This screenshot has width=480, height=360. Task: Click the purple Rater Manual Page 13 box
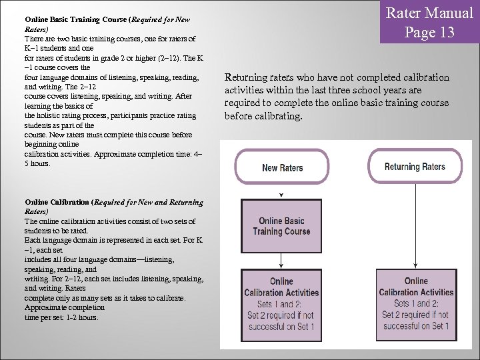[430, 22]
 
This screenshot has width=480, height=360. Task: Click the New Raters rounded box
[282, 168]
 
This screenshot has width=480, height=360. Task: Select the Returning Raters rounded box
[415, 167]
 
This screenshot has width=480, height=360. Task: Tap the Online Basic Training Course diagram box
[281, 226]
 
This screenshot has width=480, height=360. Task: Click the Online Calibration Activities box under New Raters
[281, 303]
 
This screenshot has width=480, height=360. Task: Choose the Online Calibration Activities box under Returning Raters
[416, 303]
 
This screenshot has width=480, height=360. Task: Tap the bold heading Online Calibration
[57, 201]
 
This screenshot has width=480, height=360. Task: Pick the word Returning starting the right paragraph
[249, 77]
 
